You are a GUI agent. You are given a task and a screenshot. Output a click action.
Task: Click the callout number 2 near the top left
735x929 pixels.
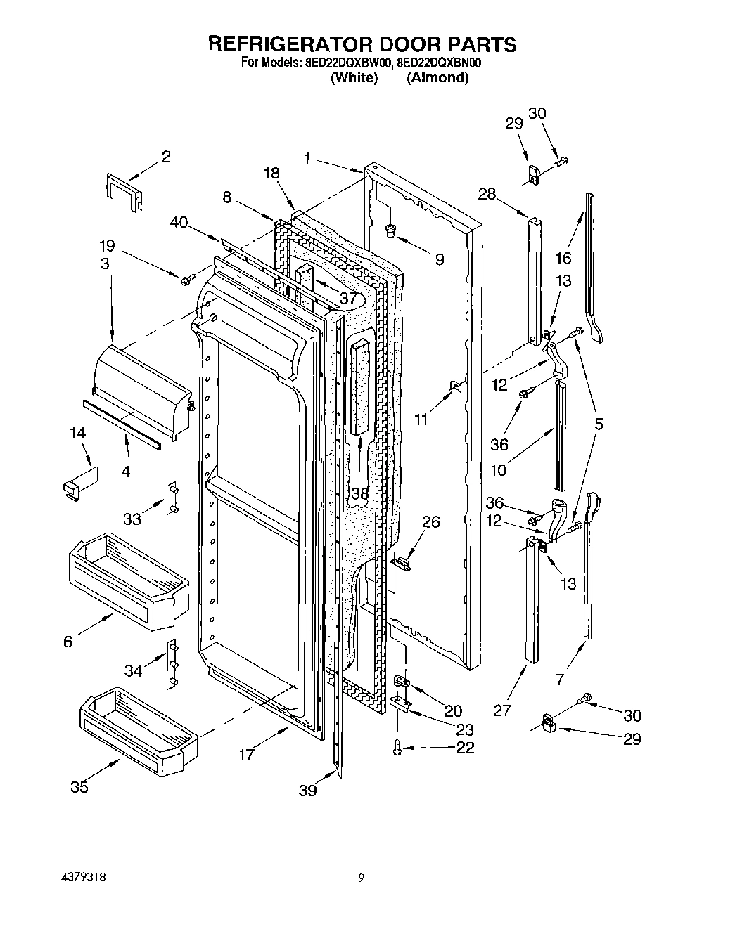[x=166, y=156]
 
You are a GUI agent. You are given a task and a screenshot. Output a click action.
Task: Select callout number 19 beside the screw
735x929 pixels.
[x=107, y=246]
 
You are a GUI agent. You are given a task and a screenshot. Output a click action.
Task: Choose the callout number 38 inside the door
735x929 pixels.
[x=359, y=494]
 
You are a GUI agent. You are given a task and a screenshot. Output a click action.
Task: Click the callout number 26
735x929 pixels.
[x=430, y=521]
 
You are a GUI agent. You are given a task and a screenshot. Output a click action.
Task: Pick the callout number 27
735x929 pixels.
[x=501, y=710]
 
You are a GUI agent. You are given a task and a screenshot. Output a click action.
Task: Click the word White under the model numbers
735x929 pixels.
[x=354, y=77]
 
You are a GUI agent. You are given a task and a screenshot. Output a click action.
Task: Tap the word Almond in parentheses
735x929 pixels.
[x=437, y=77]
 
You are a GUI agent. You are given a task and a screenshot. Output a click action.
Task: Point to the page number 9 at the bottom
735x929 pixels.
[x=361, y=878]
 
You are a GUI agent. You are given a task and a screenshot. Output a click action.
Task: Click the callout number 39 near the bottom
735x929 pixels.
[x=307, y=791]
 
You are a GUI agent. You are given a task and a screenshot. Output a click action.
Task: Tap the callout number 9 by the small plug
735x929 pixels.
[x=439, y=259]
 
